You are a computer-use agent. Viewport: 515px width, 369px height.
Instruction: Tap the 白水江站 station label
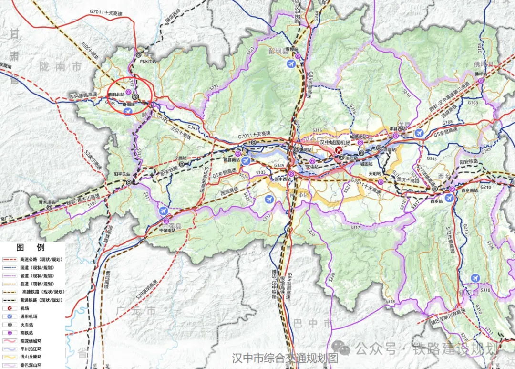pyautogui.click(x=148, y=62)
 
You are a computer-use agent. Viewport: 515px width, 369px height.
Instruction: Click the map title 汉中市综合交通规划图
pyautogui.click(x=285, y=358)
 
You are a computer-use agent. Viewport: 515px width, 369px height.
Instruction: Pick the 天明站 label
pyautogui.click(x=374, y=174)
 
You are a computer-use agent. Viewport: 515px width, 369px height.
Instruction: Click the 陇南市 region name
pyautogui.click(x=61, y=67)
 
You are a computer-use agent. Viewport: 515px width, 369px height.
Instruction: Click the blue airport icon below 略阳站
pyautogui.click(x=127, y=111)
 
